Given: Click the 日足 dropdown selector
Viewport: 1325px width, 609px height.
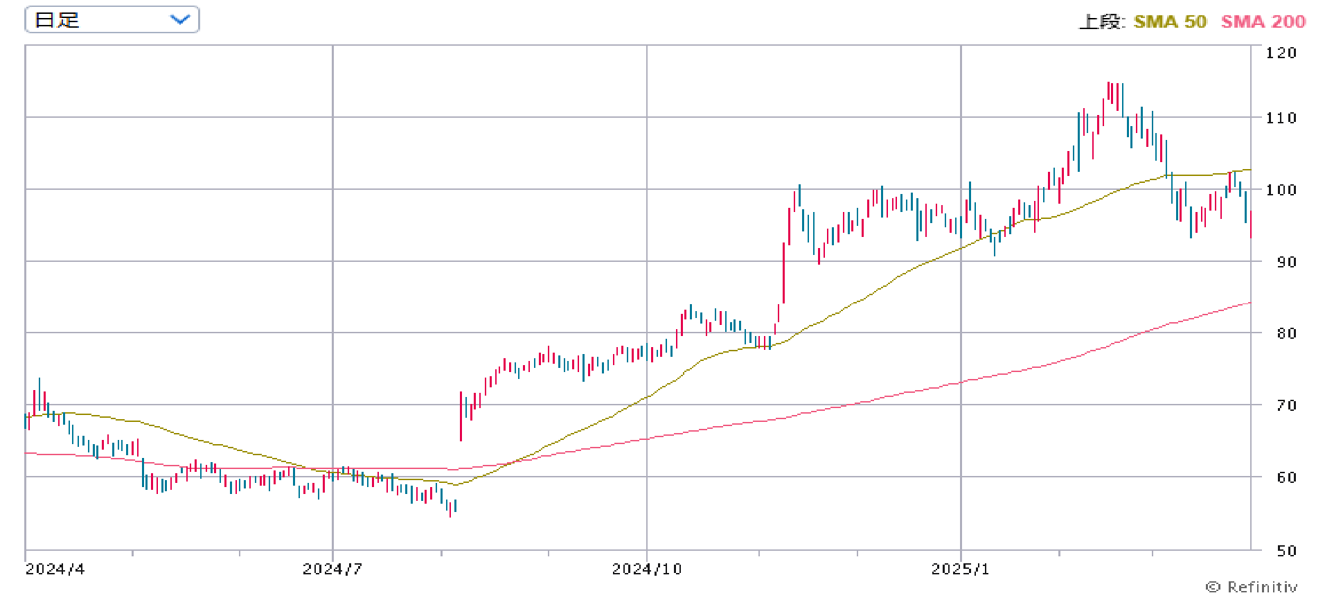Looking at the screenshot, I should pyautogui.click(x=112, y=19).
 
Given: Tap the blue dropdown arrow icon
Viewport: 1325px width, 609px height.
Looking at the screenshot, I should pyautogui.click(x=180, y=19).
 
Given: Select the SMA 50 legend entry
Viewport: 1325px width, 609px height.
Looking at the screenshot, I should pyautogui.click(x=1170, y=21).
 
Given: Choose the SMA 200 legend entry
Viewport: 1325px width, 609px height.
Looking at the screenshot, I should pyautogui.click(x=1263, y=21).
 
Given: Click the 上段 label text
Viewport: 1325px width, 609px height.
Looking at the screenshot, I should pyautogui.click(x=1102, y=21).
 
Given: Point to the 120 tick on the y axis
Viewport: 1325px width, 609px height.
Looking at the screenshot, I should pyautogui.click(x=1281, y=53).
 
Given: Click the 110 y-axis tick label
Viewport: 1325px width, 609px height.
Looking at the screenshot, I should pyautogui.click(x=1281, y=118).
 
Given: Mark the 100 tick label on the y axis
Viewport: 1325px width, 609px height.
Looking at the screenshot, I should pyautogui.click(x=1281, y=190).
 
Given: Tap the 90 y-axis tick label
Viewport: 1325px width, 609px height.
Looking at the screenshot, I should pyautogui.click(x=1286, y=262).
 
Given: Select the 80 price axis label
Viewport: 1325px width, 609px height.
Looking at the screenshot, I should pyautogui.click(x=1286, y=333).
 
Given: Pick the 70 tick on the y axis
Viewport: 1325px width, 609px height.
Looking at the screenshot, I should pyautogui.click(x=1286, y=405).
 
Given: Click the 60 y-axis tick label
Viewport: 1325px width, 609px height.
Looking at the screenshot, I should pyautogui.click(x=1286, y=477).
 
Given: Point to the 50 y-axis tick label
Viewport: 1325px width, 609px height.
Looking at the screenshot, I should pyautogui.click(x=1286, y=551).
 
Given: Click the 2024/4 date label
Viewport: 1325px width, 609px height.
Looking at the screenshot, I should pyautogui.click(x=55, y=570).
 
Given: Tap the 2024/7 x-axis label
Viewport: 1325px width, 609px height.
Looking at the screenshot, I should pyautogui.click(x=332, y=570).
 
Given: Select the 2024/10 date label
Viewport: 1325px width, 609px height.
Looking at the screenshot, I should pyautogui.click(x=647, y=570).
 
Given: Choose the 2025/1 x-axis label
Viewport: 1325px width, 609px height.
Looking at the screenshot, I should pyautogui.click(x=961, y=570).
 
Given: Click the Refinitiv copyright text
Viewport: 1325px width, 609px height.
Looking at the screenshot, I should pyautogui.click(x=1252, y=587).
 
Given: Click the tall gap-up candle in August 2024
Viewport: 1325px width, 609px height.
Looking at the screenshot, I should pyautogui.click(x=461, y=416).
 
